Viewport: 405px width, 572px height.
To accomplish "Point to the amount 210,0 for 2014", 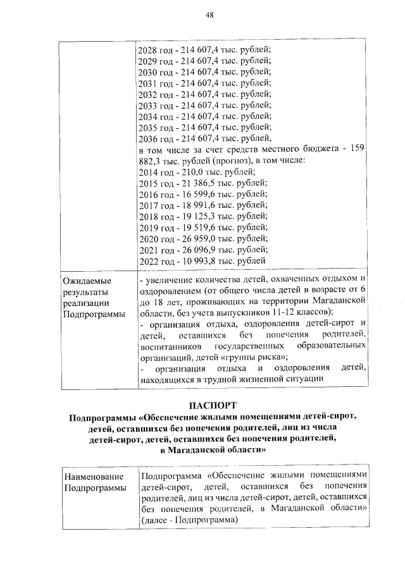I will tap(190, 172).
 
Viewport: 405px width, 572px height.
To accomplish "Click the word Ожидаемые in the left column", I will tap(86, 279).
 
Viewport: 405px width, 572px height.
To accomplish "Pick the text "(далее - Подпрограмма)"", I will tap(189, 520).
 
